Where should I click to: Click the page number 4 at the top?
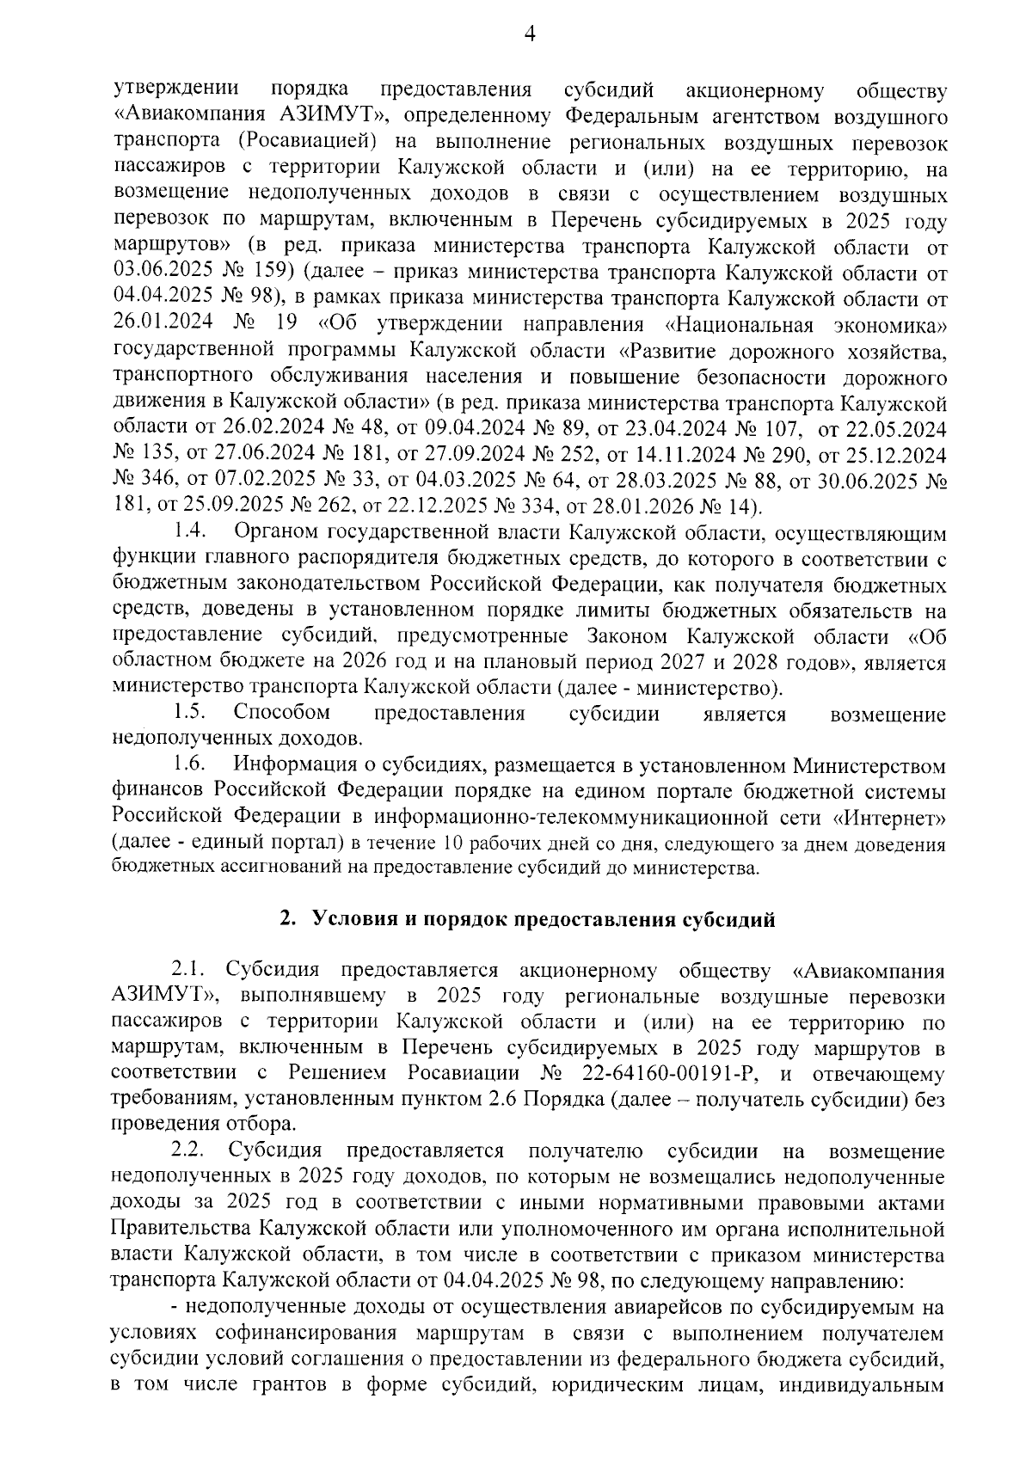pos(529,34)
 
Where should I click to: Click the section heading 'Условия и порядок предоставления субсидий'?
pos(528,920)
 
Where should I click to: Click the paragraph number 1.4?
pos(187,534)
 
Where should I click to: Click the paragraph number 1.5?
pos(187,713)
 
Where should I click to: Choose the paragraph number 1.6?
pos(187,764)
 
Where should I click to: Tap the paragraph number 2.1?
pos(187,971)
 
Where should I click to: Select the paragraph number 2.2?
pos(187,1150)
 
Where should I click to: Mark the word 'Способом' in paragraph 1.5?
pos(281,713)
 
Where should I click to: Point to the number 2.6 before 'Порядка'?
pos(504,1100)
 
